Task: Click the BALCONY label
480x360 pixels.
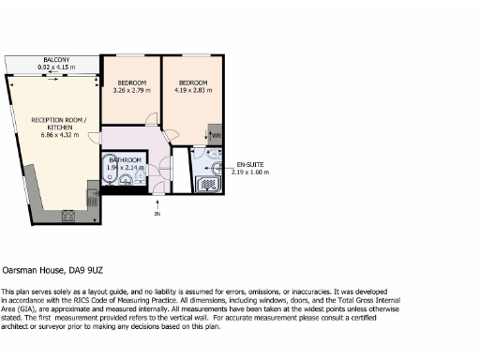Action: coord(56,60)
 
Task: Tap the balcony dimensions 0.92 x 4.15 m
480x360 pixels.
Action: coord(56,67)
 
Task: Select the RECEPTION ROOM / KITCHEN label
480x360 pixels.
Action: coord(58,125)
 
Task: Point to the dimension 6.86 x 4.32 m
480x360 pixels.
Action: coord(58,136)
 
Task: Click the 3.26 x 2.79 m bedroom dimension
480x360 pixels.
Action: coord(129,92)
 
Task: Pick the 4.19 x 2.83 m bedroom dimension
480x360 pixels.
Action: coord(194,92)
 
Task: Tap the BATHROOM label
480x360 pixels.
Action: coord(125,160)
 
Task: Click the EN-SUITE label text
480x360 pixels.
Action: coord(248,164)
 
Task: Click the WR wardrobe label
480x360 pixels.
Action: coord(216,136)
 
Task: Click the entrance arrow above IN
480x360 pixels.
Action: coord(157,203)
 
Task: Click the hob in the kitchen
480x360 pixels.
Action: coord(69,216)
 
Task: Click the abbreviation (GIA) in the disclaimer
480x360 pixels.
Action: coord(28,310)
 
